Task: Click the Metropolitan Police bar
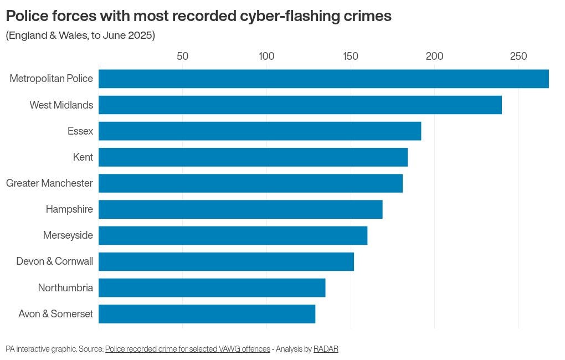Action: click(x=323, y=79)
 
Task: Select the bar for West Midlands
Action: click(x=300, y=105)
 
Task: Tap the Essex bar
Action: click(x=260, y=131)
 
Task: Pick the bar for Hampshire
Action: click(x=240, y=209)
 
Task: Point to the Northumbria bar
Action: click(x=212, y=288)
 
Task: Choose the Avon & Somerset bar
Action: click(x=207, y=314)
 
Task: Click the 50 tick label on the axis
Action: click(x=182, y=56)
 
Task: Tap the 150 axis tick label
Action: click(x=350, y=56)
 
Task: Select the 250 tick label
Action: click(x=518, y=56)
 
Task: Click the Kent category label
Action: click(x=83, y=157)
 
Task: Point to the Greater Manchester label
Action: click(x=49, y=183)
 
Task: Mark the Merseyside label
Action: click(x=68, y=235)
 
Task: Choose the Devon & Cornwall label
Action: click(x=55, y=261)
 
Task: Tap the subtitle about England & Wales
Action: click(x=80, y=36)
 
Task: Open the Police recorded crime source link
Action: click(x=188, y=349)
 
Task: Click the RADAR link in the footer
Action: click(x=326, y=349)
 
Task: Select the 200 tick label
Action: click(x=434, y=56)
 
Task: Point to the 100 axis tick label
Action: click(x=266, y=56)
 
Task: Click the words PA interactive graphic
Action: click(x=40, y=349)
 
